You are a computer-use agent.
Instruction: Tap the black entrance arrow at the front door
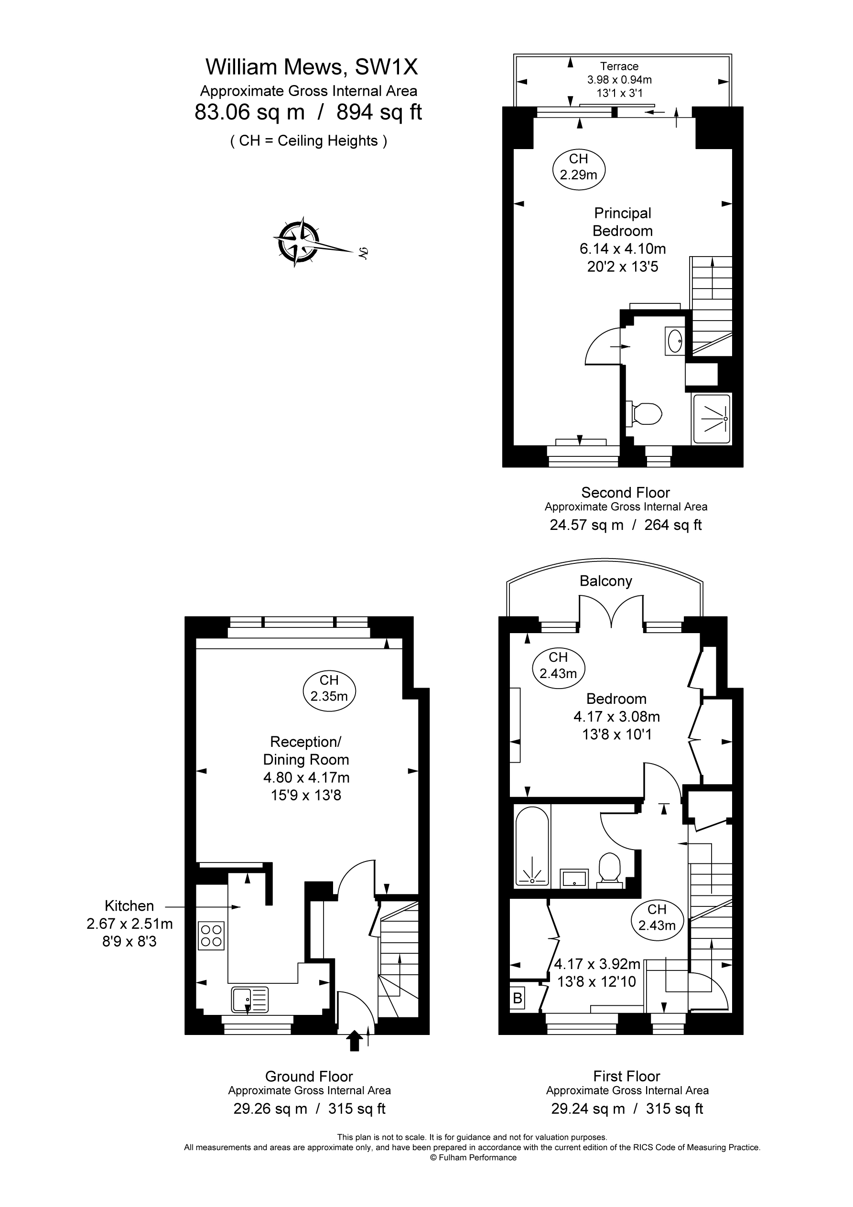click(355, 1040)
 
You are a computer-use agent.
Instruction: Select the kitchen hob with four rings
click(211, 936)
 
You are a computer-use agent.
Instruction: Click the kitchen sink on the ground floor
click(249, 999)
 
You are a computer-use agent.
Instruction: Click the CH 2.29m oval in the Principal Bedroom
click(579, 167)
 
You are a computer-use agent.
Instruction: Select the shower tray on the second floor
click(712, 419)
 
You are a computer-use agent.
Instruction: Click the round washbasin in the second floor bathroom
click(675, 341)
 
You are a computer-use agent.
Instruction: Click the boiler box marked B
click(518, 997)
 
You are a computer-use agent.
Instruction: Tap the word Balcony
click(606, 581)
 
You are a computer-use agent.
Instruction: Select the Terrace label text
click(619, 66)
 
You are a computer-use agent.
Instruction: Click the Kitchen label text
click(130, 906)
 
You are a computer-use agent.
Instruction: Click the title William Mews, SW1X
click(312, 67)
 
